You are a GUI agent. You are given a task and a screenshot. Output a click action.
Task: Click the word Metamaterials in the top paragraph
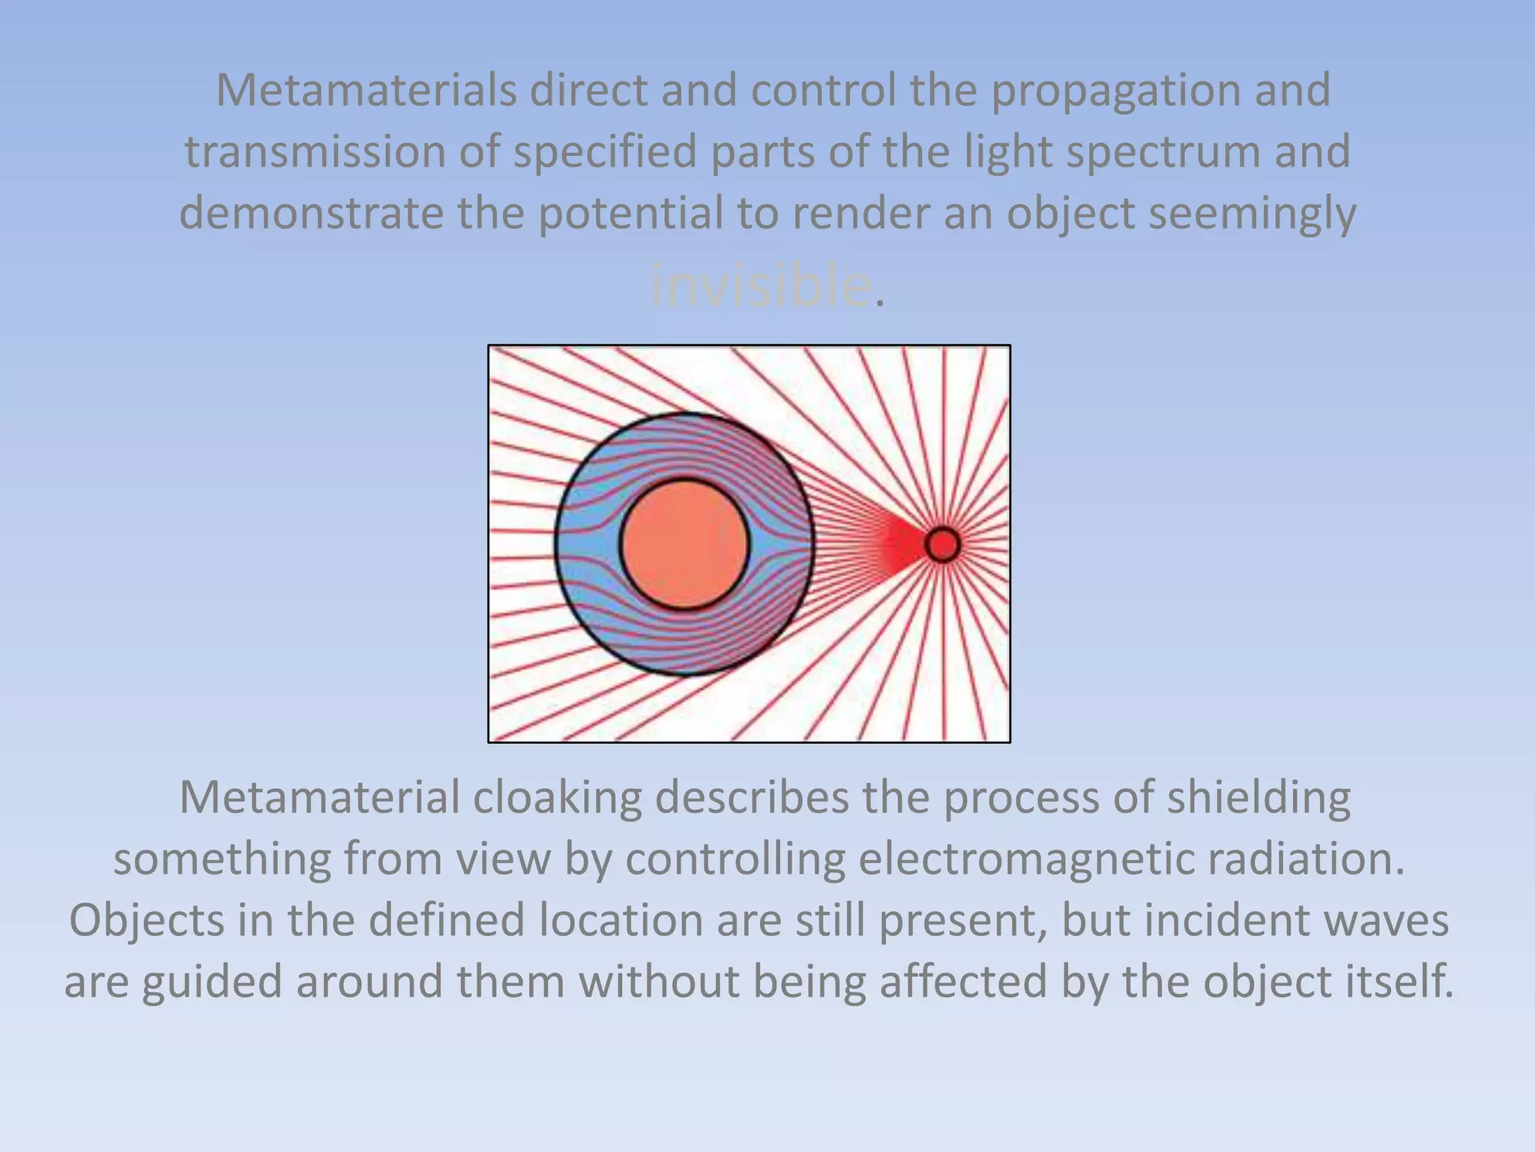click(367, 91)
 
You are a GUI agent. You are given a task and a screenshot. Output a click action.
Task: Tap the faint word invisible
click(761, 286)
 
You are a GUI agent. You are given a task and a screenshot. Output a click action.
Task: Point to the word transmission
click(316, 152)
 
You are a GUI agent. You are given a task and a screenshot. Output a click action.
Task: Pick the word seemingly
click(1252, 214)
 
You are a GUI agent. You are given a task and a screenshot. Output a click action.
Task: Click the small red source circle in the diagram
click(942, 544)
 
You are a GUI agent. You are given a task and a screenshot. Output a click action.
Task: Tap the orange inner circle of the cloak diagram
click(684, 544)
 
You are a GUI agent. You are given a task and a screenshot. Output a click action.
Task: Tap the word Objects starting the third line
click(146, 920)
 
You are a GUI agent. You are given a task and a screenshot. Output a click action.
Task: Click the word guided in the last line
click(212, 982)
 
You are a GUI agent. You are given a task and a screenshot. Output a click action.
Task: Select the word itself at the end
click(1395, 982)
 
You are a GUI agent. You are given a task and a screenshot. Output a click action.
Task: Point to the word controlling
click(735, 859)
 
